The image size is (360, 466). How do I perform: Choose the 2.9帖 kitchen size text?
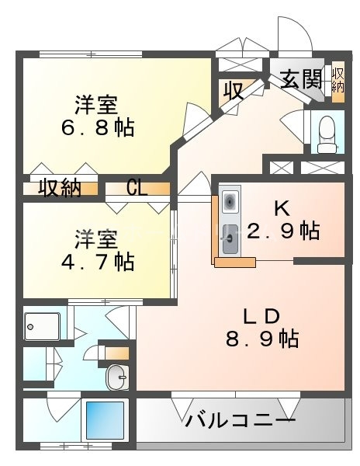pyautogui.click(x=283, y=230)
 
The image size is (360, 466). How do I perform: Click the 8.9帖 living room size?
pyautogui.click(x=261, y=339)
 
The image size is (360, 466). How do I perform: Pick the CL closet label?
pyautogui.click(x=137, y=189)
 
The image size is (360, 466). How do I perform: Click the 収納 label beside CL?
pyautogui.click(x=61, y=189)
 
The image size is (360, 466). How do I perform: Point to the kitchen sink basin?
pyautogui.click(x=230, y=235)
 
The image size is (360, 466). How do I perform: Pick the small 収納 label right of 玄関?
pyautogui.click(x=339, y=79)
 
